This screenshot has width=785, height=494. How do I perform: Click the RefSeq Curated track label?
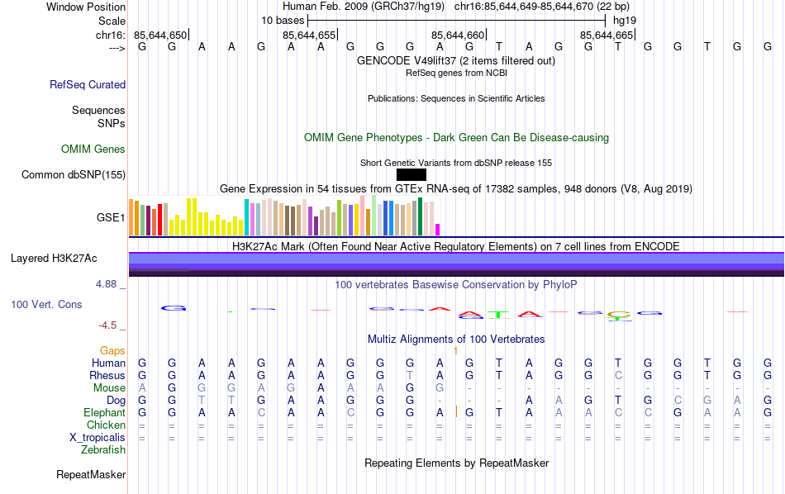[x=88, y=84]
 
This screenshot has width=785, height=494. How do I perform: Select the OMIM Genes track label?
[x=93, y=150]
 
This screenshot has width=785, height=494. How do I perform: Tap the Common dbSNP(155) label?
[x=74, y=174]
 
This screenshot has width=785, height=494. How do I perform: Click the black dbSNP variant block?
[x=412, y=174]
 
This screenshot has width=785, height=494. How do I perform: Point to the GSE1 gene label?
[x=111, y=218]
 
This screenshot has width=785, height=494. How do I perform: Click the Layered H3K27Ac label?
[x=54, y=259]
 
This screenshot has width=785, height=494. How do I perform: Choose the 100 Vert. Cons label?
[x=46, y=305]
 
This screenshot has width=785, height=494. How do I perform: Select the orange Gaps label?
[x=112, y=351]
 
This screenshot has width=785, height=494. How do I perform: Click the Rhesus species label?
[x=107, y=375]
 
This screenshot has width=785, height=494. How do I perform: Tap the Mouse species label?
[x=109, y=387]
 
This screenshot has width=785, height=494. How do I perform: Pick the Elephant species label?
[x=104, y=412]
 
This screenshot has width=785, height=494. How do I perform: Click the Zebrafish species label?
[x=103, y=450]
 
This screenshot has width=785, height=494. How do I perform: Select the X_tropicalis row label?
[x=98, y=438]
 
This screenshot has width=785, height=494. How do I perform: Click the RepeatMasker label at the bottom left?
[x=91, y=475]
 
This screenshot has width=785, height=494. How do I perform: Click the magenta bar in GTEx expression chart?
[x=438, y=229]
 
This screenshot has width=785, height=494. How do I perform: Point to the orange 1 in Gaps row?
[x=455, y=351]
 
